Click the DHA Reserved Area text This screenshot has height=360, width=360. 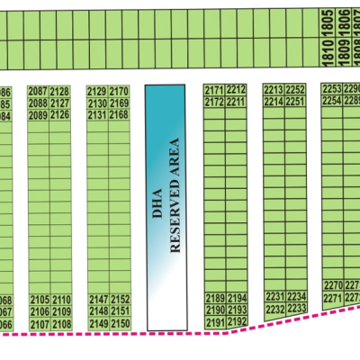point(166,207)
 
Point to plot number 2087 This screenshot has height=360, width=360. point(38,92)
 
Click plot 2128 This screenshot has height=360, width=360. point(60,92)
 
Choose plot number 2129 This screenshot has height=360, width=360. point(98,92)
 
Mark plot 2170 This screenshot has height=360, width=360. point(120,92)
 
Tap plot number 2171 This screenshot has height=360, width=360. point(214,91)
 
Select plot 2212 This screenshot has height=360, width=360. point(237,91)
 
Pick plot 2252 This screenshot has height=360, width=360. point(296,91)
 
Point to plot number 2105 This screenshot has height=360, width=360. point(40,300)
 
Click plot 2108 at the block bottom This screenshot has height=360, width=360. point(61,324)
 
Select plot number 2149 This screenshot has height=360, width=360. point(99,324)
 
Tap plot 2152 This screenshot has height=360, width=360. point(121,300)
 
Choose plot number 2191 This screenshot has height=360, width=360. point(215,322)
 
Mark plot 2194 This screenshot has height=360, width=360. point(237,298)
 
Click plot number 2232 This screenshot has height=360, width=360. point(275,309)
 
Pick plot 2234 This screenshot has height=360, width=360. point(297,296)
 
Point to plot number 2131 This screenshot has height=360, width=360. point(98,115)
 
